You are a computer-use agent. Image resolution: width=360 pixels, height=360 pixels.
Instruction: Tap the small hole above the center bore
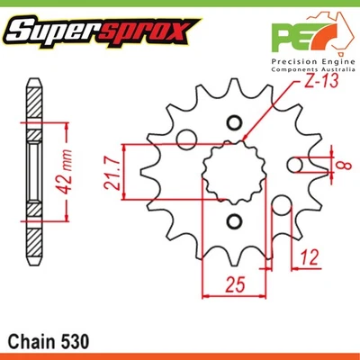pyautogui.click(x=236, y=122)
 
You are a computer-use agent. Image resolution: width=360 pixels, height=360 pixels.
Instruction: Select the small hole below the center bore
pyautogui.click(x=236, y=221)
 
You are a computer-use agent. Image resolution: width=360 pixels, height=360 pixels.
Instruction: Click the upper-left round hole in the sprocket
pyautogui.click(x=187, y=139)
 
